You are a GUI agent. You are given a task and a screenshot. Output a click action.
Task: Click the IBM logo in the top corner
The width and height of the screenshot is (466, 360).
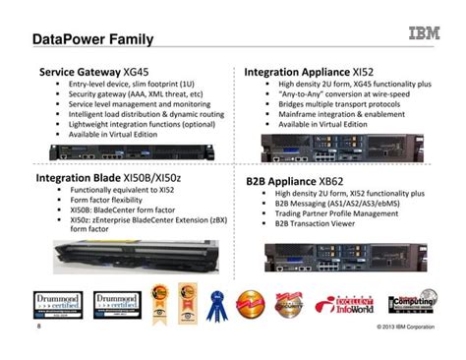click(x=423, y=34)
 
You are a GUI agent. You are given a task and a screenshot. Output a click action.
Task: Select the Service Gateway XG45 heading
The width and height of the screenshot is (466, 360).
click(x=93, y=72)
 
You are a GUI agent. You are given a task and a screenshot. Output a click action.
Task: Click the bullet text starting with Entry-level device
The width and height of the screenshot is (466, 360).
click(x=129, y=85)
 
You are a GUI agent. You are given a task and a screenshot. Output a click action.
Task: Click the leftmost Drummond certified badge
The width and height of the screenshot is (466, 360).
click(x=54, y=301)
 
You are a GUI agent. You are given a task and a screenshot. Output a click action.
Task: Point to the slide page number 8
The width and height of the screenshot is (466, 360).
click(x=37, y=326)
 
